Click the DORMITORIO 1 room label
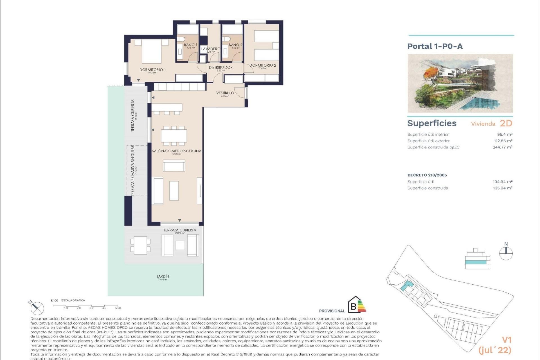pyautogui.click(x=152, y=70)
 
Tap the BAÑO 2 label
pyautogui.click(x=235, y=45)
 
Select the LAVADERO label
pyautogui.click(x=211, y=49)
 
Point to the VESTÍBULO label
pyautogui.click(x=225, y=93)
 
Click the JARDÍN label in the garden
pyautogui.click(x=163, y=276)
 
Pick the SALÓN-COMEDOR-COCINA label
pyautogui.click(x=177, y=151)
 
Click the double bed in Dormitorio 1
pyautogui.click(x=151, y=51)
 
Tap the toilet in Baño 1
pyautogui.click(x=181, y=40)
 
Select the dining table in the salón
pyautogui.click(x=174, y=136)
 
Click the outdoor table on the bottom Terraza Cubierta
pyautogui.click(x=140, y=246)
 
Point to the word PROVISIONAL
pyautogui.click(x=332, y=311)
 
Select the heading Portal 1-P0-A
pyautogui.click(x=435, y=46)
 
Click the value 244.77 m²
pyautogui.click(x=502, y=147)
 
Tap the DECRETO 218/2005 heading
pyautogui.click(x=427, y=175)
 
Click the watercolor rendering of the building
pyautogui.click(x=460, y=83)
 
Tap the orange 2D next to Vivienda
pyautogui.click(x=506, y=123)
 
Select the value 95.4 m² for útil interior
pyautogui.click(x=505, y=134)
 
